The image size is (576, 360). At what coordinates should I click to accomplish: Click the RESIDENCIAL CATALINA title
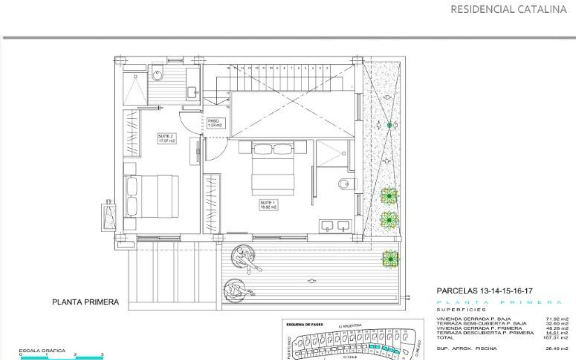pos(508,9)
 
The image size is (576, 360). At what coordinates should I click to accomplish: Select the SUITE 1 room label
pos(269,205)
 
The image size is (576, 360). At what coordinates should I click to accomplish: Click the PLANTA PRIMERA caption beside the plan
pos(86,302)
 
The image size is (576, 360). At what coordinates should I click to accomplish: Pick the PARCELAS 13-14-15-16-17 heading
pos(485,291)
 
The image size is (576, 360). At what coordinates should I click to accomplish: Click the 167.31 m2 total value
pos(557,338)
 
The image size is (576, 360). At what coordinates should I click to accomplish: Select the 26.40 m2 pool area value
pos(557,349)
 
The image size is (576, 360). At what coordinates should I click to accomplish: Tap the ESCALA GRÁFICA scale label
pos(42,351)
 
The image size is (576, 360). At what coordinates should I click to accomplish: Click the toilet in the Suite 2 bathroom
pos(158,75)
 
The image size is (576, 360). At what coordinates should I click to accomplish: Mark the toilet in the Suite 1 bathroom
pos(344,184)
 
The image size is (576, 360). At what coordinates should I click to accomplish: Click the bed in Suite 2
pos(152,197)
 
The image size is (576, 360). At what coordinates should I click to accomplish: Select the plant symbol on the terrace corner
pos(390,259)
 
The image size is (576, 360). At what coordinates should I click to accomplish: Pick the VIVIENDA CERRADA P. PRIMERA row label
pos(479,328)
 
